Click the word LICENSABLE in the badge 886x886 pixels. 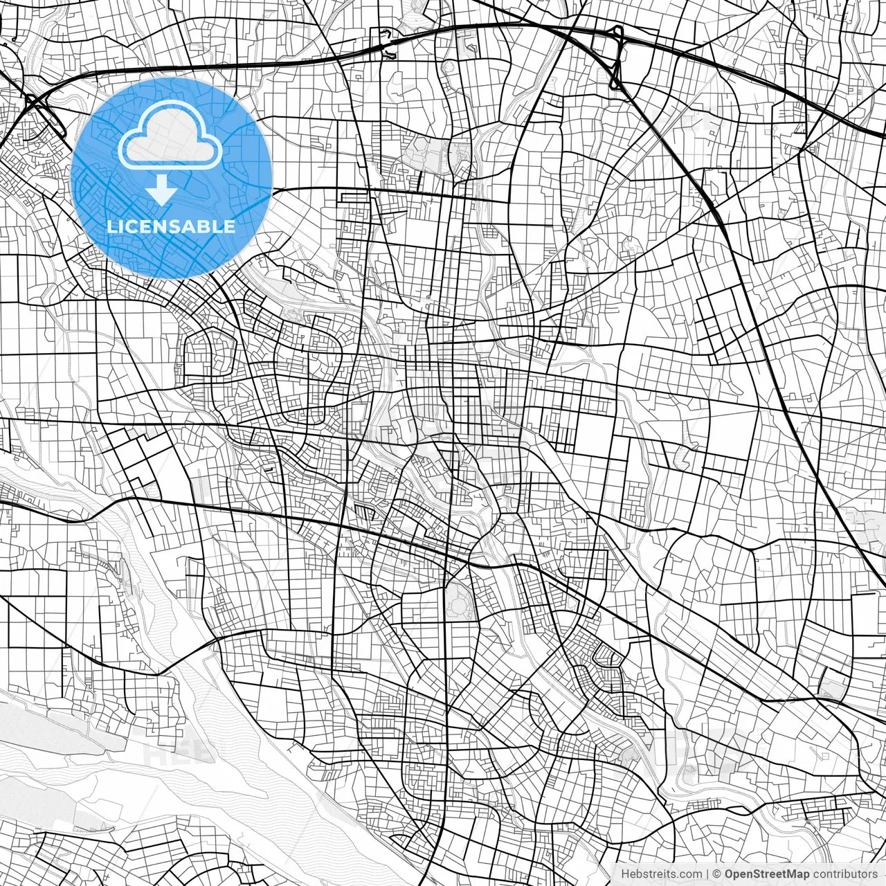[x=170, y=226]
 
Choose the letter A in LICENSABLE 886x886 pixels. [x=188, y=226]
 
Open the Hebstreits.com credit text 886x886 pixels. [x=662, y=874]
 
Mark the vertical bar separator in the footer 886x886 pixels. [x=708, y=874]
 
